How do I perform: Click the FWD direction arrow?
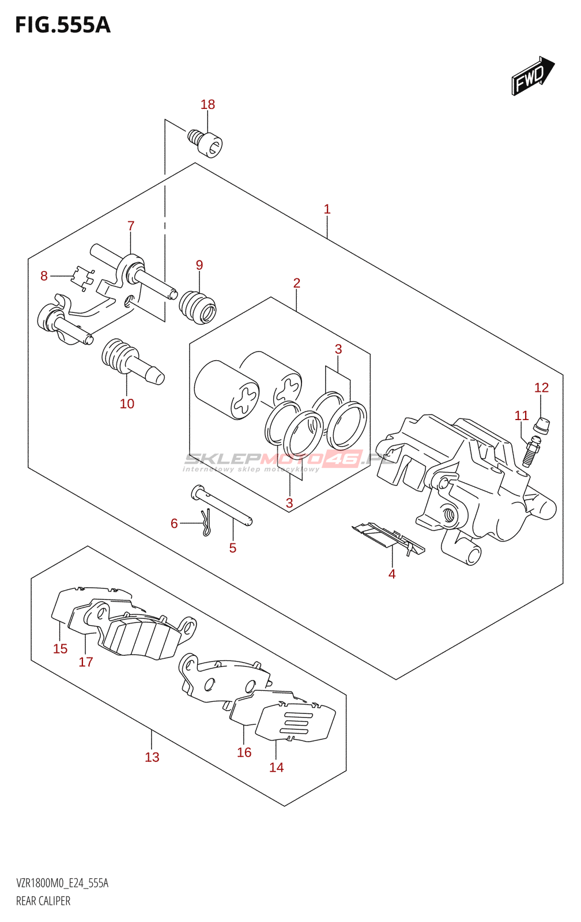[x=533, y=76]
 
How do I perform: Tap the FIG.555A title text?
[x=62, y=25]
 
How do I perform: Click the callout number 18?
[x=207, y=104]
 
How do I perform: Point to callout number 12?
[x=541, y=388]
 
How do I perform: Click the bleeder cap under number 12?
[x=542, y=426]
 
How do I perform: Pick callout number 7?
[x=131, y=226]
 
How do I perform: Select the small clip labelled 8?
[x=82, y=278]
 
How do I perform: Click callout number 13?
[x=152, y=757]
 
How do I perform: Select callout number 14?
[x=277, y=768]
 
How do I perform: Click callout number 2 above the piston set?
[x=297, y=283]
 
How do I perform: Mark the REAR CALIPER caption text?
[x=43, y=901]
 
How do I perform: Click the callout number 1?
[x=327, y=209]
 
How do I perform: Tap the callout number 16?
[x=244, y=753]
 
